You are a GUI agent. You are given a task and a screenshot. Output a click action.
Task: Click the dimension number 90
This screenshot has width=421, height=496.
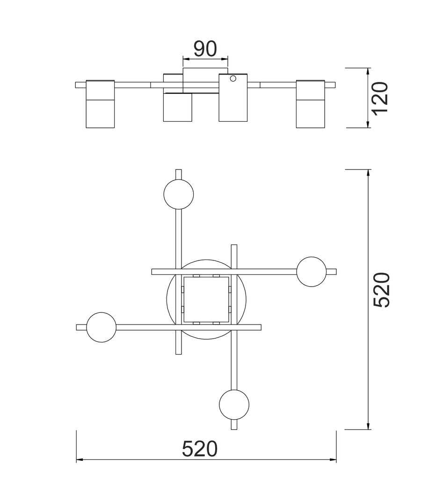[205, 48]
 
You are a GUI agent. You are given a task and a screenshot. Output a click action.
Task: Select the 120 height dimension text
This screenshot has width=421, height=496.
[380, 97]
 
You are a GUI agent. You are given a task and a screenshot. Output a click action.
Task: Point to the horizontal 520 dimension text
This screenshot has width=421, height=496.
[200, 449]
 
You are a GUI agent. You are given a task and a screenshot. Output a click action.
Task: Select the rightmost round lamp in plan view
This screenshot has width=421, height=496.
[312, 272]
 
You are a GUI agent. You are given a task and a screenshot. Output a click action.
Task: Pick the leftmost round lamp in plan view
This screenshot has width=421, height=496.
[101, 327]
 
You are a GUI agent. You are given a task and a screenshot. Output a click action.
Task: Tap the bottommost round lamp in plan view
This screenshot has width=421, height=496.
[234, 404]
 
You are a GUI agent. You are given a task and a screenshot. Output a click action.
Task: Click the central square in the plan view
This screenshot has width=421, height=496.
[206, 299]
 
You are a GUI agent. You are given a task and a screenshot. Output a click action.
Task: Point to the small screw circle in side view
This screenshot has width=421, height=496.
[233, 79]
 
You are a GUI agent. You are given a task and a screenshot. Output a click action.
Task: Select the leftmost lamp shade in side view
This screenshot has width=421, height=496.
[101, 104]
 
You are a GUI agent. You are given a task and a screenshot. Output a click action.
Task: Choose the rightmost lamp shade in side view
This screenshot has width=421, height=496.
[310, 104]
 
